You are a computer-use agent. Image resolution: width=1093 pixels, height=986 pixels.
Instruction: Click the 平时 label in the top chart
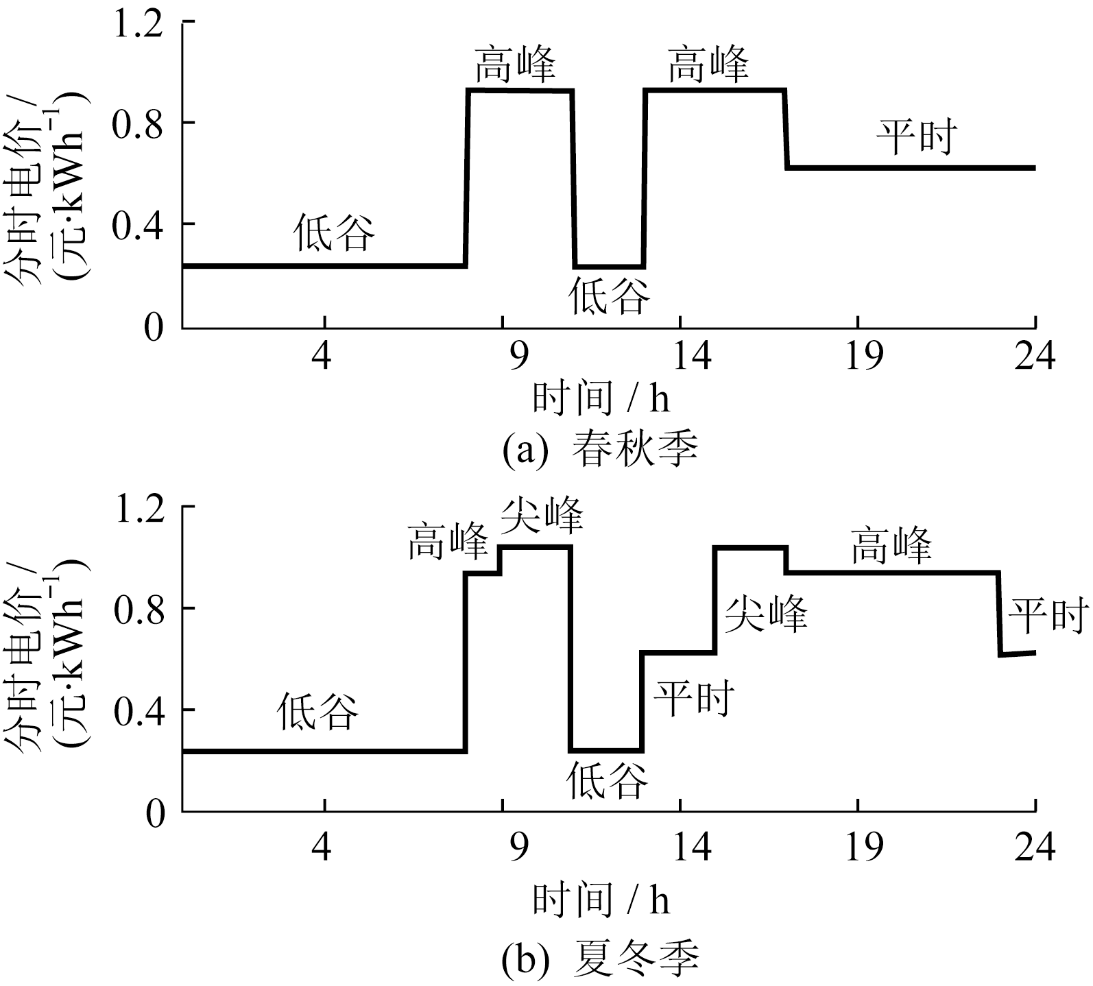pyautogui.click(x=916, y=138)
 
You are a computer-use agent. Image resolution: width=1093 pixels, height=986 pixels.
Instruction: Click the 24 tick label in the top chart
pyautogui.click(x=1033, y=357)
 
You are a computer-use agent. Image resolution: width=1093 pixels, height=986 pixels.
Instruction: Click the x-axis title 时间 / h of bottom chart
pyautogui.click(x=601, y=900)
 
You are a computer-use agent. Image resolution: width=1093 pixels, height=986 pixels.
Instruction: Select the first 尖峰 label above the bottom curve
pyautogui.click(x=542, y=516)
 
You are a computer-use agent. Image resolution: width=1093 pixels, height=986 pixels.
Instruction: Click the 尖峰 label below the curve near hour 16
pyautogui.click(x=767, y=614)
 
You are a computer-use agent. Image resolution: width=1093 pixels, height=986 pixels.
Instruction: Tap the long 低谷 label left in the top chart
pyautogui.click(x=335, y=232)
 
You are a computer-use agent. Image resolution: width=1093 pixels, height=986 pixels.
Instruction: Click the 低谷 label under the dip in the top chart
pyautogui.click(x=609, y=296)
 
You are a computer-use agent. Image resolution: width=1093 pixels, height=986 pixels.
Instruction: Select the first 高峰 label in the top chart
pyautogui.click(x=515, y=65)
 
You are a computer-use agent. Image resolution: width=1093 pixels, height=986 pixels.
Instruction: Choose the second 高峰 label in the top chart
pyautogui.click(x=708, y=65)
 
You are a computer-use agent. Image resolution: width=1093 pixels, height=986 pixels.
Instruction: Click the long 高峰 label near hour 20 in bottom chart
pyautogui.click(x=891, y=546)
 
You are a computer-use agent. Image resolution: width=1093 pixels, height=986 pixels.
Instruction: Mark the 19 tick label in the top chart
pyautogui.click(x=863, y=357)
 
